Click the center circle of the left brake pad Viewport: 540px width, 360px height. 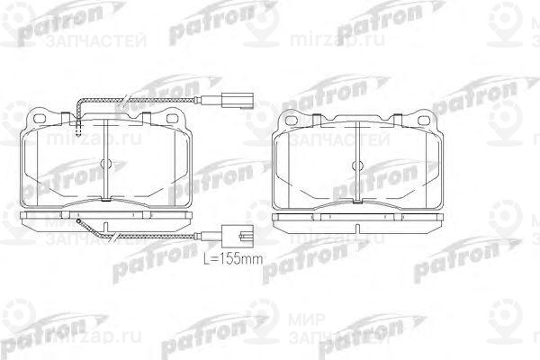[x=105, y=164]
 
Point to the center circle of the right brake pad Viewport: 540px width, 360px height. [x=357, y=164]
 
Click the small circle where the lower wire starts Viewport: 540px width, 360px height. [x=79, y=221]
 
